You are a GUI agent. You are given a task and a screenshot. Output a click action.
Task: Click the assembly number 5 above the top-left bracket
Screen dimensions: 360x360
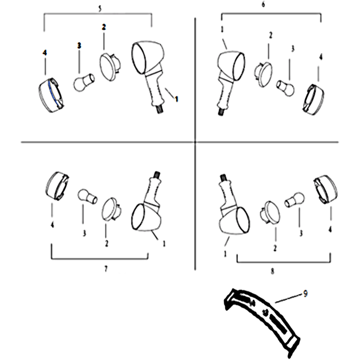click(99, 9)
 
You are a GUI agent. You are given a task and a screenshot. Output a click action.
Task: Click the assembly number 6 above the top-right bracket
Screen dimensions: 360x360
click(263, 4)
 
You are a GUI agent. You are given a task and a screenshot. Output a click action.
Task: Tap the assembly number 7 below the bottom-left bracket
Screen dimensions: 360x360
click(106, 269)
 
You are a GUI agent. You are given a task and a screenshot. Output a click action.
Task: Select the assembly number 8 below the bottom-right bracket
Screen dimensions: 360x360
click(273, 271)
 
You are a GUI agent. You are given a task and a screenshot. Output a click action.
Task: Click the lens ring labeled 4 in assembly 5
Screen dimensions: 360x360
click(51, 95)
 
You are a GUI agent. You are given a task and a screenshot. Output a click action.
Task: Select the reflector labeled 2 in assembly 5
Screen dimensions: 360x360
click(109, 67)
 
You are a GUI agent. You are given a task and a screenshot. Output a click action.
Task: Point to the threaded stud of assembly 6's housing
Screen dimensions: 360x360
click(220, 112)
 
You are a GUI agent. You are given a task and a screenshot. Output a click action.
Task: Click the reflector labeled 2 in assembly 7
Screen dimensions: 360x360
click(111, 209)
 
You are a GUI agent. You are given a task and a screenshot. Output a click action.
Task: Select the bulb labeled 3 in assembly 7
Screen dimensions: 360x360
click(87, 196)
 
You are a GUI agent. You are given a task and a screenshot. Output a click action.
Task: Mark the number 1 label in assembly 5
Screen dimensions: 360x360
click(176, 99)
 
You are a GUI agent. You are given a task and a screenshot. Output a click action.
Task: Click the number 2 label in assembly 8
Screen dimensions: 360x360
click(275, 248)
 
